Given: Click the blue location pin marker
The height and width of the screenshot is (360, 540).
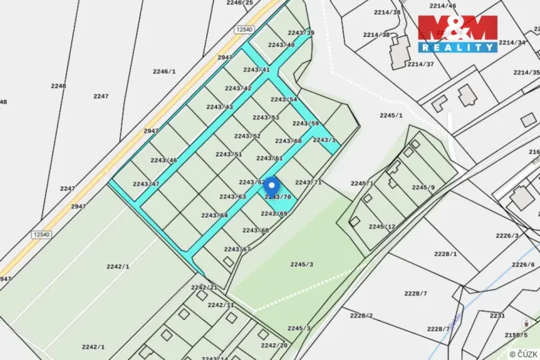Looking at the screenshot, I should [271, 185].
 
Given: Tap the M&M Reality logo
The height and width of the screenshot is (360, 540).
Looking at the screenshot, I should [458, 33].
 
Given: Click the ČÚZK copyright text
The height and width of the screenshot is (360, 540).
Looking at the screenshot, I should [522, 353].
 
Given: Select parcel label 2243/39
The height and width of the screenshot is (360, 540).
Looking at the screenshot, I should [301, 33].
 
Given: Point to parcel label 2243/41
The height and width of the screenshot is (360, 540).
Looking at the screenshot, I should [256, 70].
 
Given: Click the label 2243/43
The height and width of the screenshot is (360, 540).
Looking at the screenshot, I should [219, 107].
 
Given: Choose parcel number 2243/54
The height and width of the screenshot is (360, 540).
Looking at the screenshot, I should [284, 100].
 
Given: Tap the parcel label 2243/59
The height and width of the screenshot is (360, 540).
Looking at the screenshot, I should [305, 123].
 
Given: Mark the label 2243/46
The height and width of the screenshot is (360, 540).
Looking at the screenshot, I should [164, 160].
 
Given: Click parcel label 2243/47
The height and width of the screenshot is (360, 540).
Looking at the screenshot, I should [145, 184].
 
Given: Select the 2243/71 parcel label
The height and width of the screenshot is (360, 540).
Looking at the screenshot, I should [308, 182].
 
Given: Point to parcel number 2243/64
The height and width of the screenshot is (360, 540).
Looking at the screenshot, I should [215, 215].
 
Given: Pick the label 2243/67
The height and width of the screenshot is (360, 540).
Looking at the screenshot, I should [238, 249].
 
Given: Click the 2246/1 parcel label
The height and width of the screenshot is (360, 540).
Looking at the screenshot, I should [164, 71].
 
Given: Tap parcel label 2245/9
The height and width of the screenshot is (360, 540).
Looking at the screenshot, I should [423, 188].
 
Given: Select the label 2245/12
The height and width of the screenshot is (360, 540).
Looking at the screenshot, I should [382, 227].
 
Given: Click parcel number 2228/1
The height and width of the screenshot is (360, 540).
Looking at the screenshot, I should [445, 254].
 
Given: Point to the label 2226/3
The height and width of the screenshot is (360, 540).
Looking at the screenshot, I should [507, 236].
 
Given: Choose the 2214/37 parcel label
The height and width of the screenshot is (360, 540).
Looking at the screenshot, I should [421, 65].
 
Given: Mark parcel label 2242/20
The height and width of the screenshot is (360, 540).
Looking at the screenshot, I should [274, 345].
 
